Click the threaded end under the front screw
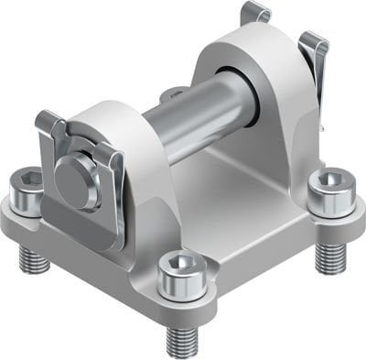(x=183, y=339)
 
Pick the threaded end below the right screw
(x=330, y=256)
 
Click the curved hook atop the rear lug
(x=255, y=14)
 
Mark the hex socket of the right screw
(x=329, y=179)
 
